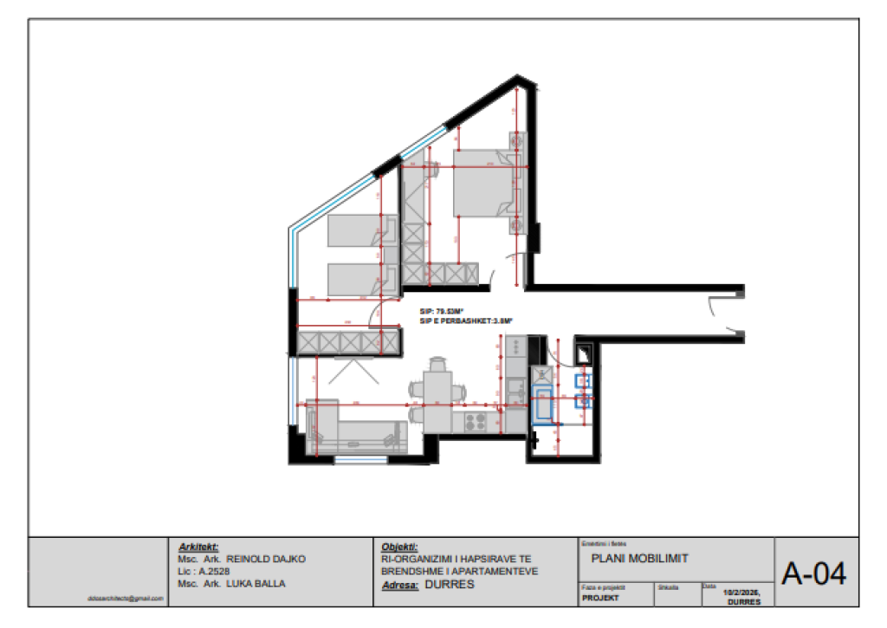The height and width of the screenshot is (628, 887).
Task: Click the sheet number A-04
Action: point(813,573)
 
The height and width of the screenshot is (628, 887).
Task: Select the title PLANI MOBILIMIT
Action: point(639,559)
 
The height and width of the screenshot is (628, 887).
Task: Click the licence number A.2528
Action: point(217,572)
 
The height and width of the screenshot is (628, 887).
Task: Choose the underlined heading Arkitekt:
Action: point(197,547)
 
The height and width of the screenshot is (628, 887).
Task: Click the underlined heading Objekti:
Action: point(399,547)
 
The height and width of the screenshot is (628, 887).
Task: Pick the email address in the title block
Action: point(126,598)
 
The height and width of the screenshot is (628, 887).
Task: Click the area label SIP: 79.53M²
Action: point(442,311)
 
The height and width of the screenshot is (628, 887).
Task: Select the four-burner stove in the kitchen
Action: point(476,422)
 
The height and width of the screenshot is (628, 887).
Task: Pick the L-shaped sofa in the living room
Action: point(355,429)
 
